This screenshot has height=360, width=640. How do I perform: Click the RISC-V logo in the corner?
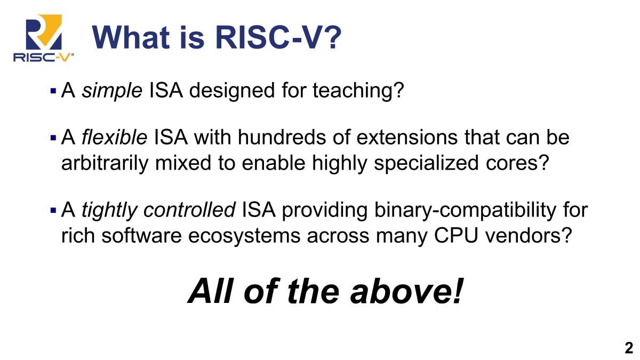click(43, 38)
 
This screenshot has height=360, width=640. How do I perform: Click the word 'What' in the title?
click(131, 37)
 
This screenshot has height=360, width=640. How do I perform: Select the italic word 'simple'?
click(112, 91)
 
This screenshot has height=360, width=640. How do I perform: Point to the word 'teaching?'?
click(358, 91)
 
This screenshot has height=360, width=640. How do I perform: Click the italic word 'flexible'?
click(114, 137)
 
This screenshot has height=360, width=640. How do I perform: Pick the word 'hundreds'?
click(282, 137)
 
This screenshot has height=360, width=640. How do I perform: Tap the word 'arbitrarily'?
click(105, 163)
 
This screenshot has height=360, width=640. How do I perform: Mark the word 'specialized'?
click(426, 163)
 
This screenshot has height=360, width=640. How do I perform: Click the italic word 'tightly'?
click(110, 211)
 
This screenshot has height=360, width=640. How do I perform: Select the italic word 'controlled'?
click(189, 210)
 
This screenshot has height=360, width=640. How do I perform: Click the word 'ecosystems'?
click(244, 236)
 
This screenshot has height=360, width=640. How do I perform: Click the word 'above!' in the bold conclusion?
click(406, 291)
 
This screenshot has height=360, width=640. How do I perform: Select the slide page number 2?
click(629, 348)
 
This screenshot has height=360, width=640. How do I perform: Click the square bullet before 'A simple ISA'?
click(53, 91)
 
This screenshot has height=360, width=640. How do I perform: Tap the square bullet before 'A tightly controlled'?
click(53, 211)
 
